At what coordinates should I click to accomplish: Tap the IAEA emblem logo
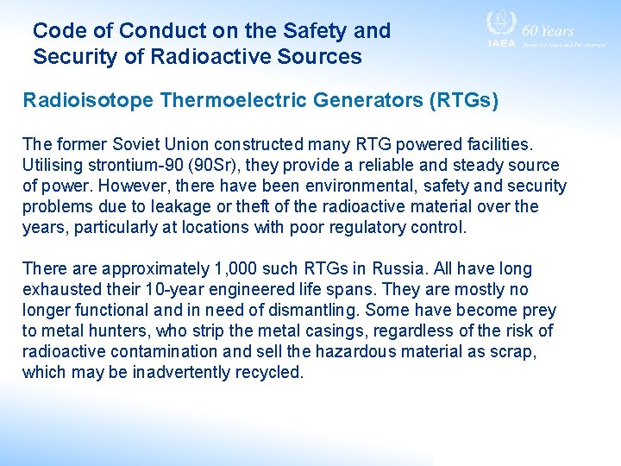(x=500, y=24)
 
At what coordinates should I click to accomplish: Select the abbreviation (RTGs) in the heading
(x=463, y=101)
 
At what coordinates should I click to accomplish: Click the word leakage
(x=132, y=207)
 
